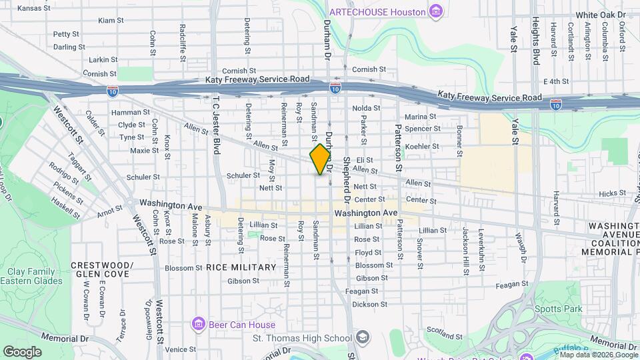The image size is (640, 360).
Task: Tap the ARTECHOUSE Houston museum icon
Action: coord(436,11)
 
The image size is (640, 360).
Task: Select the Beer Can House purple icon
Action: coord(198,325)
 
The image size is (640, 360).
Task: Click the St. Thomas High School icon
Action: coord(362,337)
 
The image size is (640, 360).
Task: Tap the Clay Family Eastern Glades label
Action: coord(35,276)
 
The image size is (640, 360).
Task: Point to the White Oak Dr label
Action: coord(597,15)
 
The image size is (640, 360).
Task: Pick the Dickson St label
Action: coord(370,304)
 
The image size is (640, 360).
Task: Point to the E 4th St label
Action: coord(555,81)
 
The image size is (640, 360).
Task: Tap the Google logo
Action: coord(22,351)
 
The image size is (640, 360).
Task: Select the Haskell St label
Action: coord(66,208)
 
